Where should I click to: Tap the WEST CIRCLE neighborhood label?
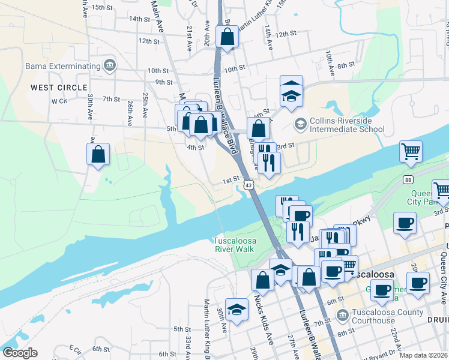(59, 87)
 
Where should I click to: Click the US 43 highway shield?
(249, 187)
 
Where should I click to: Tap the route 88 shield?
(408, 180)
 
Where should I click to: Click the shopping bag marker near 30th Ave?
(98, 154)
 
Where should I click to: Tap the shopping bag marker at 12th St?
(228, 37)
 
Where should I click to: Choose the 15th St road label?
(102, 7)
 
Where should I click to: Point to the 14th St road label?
(139, 19)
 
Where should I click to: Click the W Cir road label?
(59, 101)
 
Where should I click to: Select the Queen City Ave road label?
(444, 263)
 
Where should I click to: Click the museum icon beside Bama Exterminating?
(109, 65)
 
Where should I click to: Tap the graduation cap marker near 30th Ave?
(237, 310)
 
